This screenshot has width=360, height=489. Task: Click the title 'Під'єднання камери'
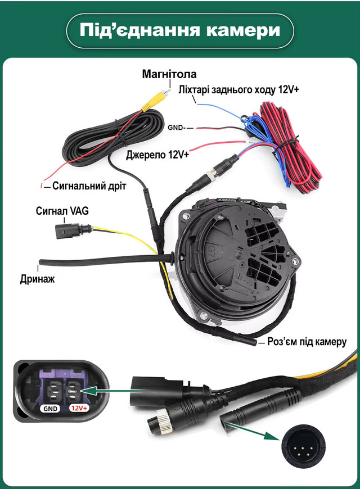click(x=180, y=31)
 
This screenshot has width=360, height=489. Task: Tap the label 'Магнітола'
click(x=169, y=74)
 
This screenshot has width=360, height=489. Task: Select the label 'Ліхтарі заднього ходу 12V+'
click(x=238, y=90)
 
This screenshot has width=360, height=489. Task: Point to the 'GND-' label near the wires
click(x=176, y=128)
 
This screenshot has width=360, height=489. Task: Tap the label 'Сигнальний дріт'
click(x=89, y=185)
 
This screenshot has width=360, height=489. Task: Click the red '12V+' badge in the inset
click(x=78, y=409)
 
